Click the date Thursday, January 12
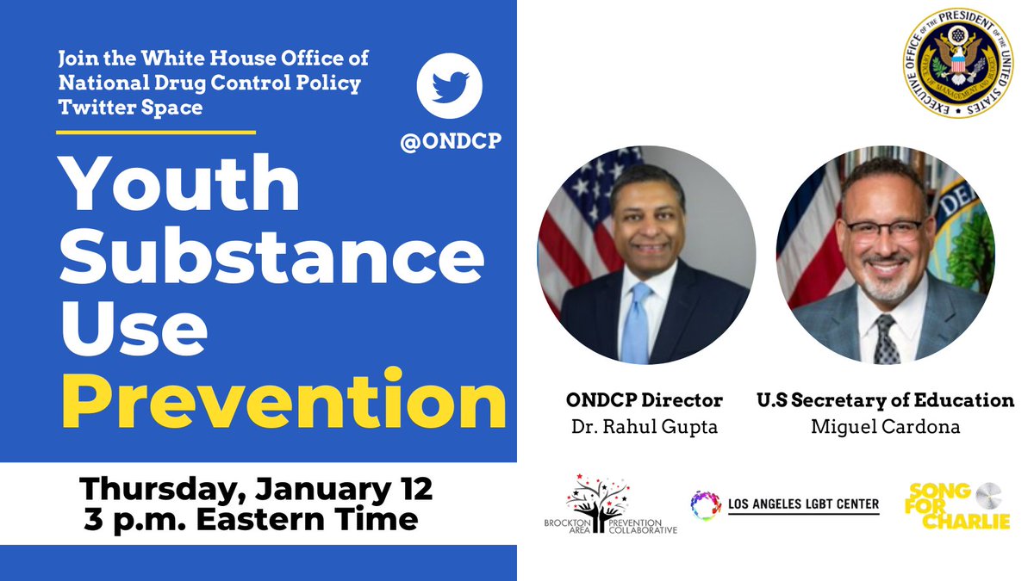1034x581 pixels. coord(256,489)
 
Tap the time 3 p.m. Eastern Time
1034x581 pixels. coord(251,520)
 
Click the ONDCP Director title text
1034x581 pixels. coord(645,400)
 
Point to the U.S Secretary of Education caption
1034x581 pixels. coord(885,400)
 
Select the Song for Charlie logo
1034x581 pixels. coord(958,505)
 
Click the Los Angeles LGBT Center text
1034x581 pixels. coord(804,504)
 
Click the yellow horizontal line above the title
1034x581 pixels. coord(156,133)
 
